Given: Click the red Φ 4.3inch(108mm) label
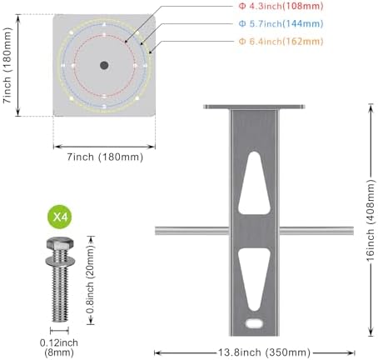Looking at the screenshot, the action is (x=281, y=6).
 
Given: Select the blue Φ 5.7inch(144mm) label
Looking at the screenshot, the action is (x=281, y=24).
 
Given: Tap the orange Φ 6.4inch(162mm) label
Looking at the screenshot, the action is (x=281, y=42).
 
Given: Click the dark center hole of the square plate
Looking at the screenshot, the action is (x=104, y=66).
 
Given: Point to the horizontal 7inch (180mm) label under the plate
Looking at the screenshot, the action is (x=105, y=157).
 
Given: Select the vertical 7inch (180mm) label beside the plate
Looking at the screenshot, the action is (x=7, y=65).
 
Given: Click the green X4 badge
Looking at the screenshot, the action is (x=60, y=217).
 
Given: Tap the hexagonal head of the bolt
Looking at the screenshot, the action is (x=60, y=243).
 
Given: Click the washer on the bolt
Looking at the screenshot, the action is (x=60, y=261).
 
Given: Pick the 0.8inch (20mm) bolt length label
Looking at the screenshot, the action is (x=91, y=280).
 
